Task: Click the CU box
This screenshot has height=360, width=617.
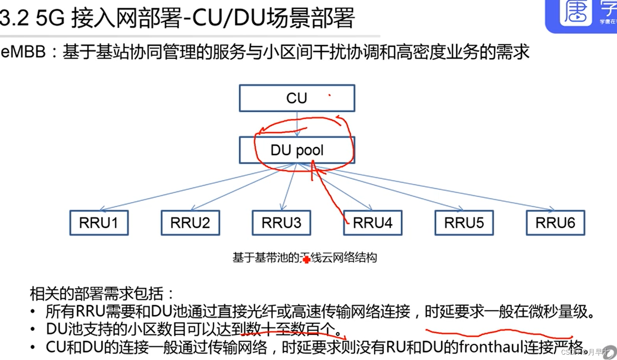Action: tap(297, 98)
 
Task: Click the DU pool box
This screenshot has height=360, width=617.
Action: tap(297, 150)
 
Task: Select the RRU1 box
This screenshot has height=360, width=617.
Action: tap(99, 223)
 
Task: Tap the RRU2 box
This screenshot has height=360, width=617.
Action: tap(190, 223)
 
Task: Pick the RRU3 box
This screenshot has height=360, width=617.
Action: tap(282, 223)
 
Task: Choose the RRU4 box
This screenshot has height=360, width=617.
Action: tap(373, 223)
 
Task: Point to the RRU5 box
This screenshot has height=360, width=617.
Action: tap(464, 223)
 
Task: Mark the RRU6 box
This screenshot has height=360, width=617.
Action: tap(555, 223)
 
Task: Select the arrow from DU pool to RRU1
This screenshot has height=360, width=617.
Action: tap(194, 187)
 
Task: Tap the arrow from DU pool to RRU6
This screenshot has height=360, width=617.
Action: tap(427, 187)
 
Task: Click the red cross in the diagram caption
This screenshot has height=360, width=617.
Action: tap(306, 260)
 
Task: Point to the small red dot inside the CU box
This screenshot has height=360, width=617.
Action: tap(330, 96)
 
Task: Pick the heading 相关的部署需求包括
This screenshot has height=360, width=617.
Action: tap(102, 294)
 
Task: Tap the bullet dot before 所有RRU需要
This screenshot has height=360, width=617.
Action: tap(33, 312)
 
